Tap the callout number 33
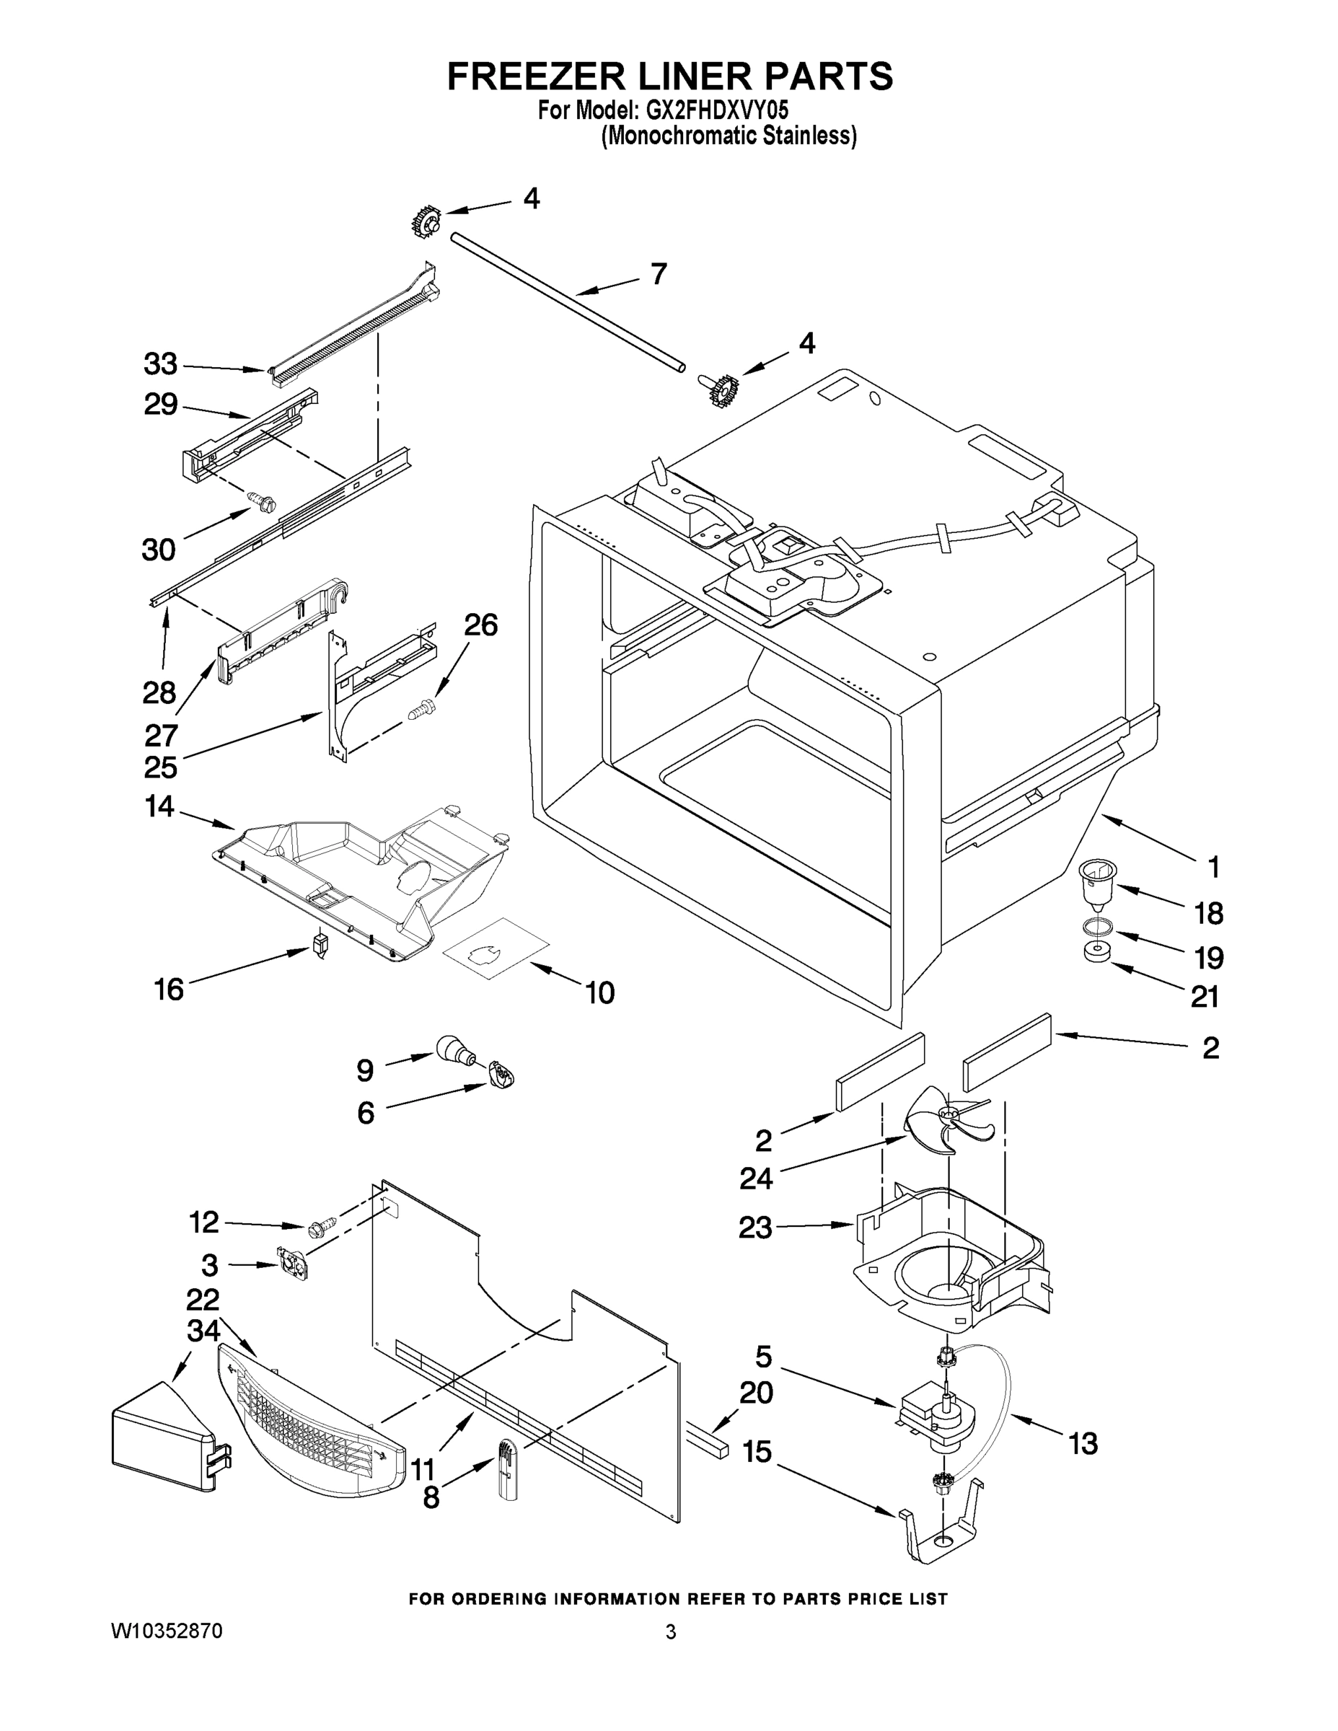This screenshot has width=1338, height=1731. point(160,366)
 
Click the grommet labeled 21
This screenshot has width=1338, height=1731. point(1096,951)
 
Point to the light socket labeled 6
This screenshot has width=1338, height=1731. point(501,1075)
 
